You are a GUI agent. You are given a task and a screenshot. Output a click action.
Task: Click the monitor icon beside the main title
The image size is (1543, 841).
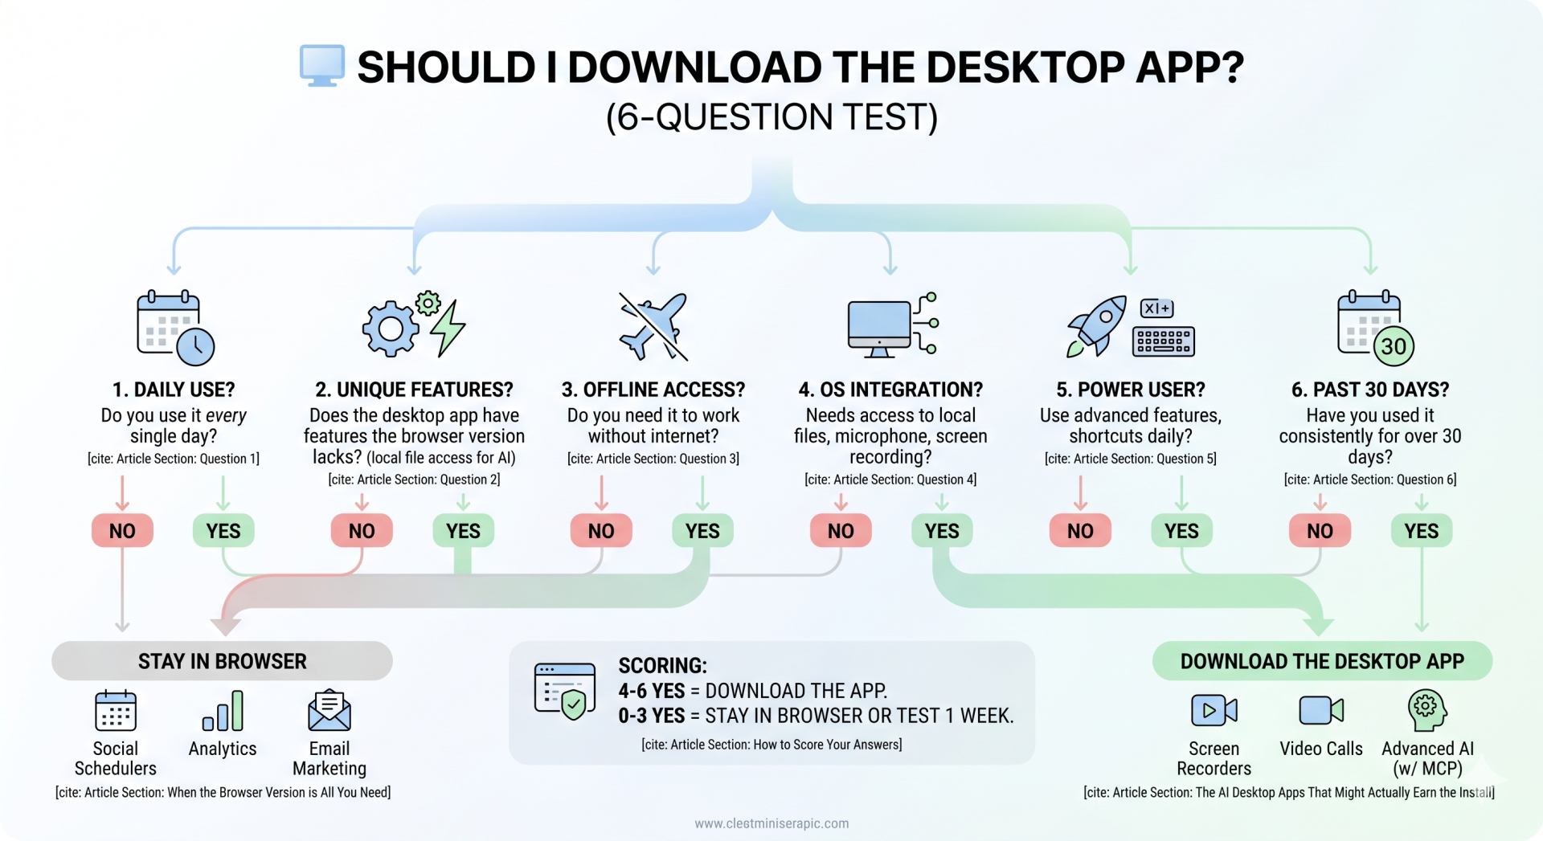coord(322,65)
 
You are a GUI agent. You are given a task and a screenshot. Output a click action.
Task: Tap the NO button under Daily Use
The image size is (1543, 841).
coord(122,531)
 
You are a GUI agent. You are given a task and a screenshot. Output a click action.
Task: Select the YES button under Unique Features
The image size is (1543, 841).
coord(463,531)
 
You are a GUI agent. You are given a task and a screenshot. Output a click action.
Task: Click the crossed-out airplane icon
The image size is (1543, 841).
coord(653,326)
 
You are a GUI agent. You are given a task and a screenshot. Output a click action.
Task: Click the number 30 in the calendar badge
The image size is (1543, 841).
coord(1394,346)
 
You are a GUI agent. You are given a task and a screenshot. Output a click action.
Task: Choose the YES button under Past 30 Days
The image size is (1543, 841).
coord(1421,531)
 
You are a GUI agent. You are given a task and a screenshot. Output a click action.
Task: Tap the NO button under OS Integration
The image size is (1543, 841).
coord(841,531)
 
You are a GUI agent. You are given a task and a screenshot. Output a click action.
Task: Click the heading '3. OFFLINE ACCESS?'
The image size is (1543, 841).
coord(653,390)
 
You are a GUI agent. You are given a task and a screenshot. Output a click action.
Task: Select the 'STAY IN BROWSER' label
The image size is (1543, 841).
coord(223,661)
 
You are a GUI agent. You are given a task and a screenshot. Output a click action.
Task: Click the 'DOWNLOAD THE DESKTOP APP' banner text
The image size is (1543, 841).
coord(1322,661)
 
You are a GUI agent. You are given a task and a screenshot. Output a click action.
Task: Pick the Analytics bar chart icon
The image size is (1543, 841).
coord(223,711)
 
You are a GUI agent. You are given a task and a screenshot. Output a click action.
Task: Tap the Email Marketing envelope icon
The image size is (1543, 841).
coord(329,710)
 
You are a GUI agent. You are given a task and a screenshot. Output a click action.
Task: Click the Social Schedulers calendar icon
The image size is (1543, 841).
coord(116,710)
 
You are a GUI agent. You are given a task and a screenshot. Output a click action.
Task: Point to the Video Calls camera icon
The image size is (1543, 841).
coord(1321,710)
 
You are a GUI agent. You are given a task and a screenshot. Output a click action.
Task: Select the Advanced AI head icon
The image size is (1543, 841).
coord(1427,710)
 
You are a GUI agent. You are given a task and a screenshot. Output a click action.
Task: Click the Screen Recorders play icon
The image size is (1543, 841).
coord(1214,710)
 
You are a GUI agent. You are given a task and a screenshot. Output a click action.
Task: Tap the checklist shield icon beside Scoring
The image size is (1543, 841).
coord(566,691)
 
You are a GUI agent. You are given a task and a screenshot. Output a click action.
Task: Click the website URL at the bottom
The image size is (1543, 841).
coord(771,823)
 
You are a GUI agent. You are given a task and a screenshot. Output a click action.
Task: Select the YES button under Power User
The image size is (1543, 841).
coord(1181,531)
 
